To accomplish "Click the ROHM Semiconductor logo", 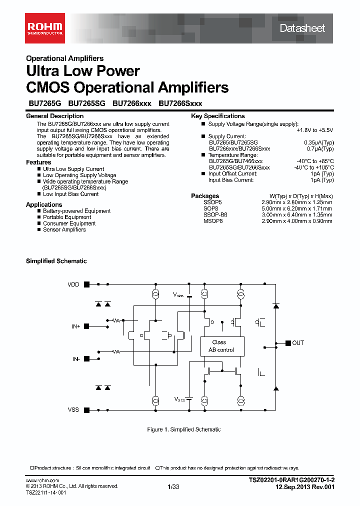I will coord(45,28).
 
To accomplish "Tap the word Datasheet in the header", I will coord(302,28).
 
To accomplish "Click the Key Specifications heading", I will coord(218,116).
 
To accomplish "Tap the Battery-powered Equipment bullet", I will coord(76,211).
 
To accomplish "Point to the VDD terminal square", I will coord(86,284).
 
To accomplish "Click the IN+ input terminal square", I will coord(86,326).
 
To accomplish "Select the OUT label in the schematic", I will coord(298,343).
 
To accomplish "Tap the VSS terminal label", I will coord(73,409).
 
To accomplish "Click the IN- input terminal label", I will coord(75,359).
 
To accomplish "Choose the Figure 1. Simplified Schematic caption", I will coord(184,429).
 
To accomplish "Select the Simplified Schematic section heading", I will coord(56,261).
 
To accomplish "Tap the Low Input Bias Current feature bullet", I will coord(70,194).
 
